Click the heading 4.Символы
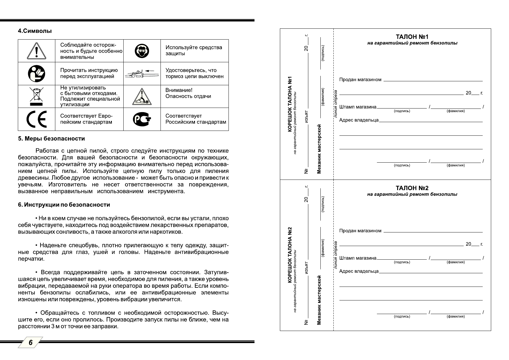(35, 31)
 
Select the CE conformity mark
(37, 119)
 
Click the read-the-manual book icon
(37, 73)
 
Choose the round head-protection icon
(142, 51)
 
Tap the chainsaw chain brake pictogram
(142, 74)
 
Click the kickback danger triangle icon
(142, 97)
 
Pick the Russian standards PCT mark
(142, 119)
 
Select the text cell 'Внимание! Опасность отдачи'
(188, 93)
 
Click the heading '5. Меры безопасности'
(51, 139)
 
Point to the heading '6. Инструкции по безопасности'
(64, 205)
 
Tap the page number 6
(31, 342)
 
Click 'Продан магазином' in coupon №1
(360, 80)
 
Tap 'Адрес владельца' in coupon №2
(359, 271)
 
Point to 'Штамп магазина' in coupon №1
(358, 107)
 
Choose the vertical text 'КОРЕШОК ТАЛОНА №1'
(290, 104)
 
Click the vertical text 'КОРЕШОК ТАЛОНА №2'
(290, 255)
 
